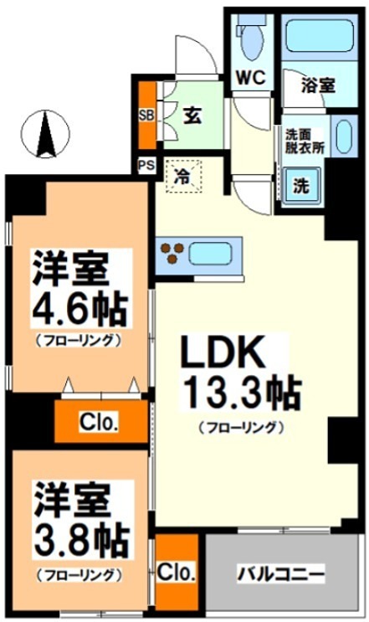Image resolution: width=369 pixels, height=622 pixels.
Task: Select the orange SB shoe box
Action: tap(146, 113)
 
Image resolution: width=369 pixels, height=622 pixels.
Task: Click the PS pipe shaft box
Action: tap(145, 164)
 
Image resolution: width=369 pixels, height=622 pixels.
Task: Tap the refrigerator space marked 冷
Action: tap(182, 177)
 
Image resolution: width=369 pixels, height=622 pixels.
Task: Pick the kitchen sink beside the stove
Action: tap(216, 251)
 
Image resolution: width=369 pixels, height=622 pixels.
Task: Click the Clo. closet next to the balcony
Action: tap(177, 573)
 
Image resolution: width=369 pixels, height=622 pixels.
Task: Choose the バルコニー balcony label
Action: tap(280, 575)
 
